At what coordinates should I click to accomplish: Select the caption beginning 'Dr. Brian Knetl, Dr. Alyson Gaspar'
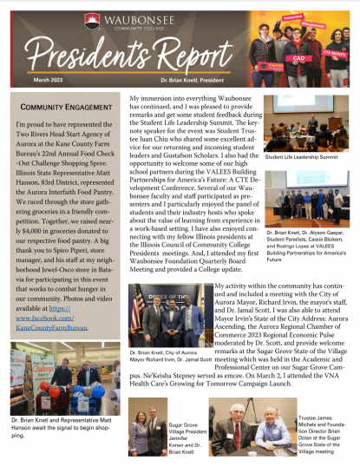[309, 246]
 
